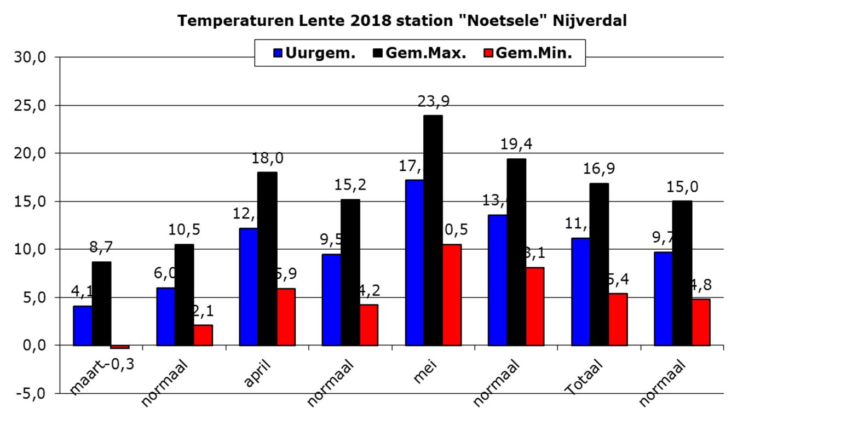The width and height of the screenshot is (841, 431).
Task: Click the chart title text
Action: pyautogui.click(x=402, y=21)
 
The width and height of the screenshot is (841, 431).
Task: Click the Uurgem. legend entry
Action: pyautogui.click(x=314, y=53)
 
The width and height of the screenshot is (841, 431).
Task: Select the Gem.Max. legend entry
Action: pyautogui.click(x=419, y=53)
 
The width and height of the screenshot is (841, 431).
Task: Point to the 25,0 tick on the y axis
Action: pyautogui.click(x=30, y=105)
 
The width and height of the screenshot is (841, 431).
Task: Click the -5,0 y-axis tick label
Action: pyautogui.click(x=30, y=393)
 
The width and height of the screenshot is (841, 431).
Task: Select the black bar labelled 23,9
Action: pyautogui.click(x=433, y=230)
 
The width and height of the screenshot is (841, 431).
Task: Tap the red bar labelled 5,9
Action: pyautogui.click(x=286, y=317)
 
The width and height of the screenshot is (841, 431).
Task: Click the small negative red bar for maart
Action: pyautogui.click(x=119, y=347)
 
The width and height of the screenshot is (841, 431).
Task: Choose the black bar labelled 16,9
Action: pyautogui.click(x=599, y=264)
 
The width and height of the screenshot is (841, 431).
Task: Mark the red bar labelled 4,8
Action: pyautogui.click(x=701, y=322)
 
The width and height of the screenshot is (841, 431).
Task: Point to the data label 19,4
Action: pyautogui.click(x=516, y=145)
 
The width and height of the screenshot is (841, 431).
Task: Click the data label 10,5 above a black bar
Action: pyautogui.click(x=184, y=229)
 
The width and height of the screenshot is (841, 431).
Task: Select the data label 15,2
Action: pyautogui.click(x=350, y=185)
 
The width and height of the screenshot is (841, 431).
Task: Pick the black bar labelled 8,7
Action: pyautogui.click(x=101, y=303)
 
